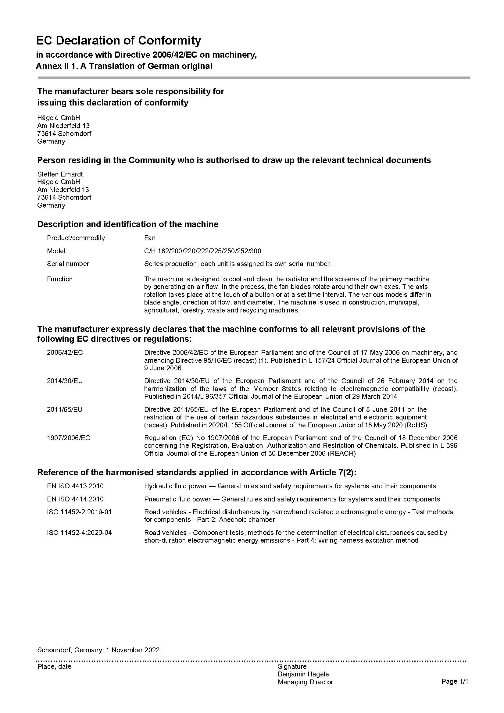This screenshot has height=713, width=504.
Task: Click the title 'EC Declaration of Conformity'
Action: click(118, 41)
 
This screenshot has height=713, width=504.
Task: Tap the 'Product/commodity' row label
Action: click(76, 238)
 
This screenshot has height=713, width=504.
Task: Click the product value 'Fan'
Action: click(150, 238)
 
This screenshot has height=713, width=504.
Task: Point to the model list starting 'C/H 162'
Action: click(202, 251)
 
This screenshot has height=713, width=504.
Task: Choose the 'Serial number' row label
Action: click(68, 264)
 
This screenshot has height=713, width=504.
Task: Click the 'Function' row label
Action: click(60, 279)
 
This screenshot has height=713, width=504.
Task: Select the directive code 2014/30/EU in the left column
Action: click(65, 381)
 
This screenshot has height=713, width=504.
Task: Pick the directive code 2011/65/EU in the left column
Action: click(65, 409)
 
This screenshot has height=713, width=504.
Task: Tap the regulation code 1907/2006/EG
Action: click(69, 438)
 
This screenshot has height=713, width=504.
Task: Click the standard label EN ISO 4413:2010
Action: click(75, 486)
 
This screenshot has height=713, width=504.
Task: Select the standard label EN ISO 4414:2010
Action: click(75, 499)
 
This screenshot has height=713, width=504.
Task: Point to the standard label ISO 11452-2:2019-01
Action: click(79, 512)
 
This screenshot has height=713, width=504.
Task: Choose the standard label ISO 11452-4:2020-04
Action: click(79, 533)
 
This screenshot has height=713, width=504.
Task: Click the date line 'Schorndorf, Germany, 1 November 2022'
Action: click(98, 650)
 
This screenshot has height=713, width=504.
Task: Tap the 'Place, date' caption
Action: click(54, 666)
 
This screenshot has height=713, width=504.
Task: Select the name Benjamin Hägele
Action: click(303, 674)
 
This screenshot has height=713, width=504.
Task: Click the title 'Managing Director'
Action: click(305, 682)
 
